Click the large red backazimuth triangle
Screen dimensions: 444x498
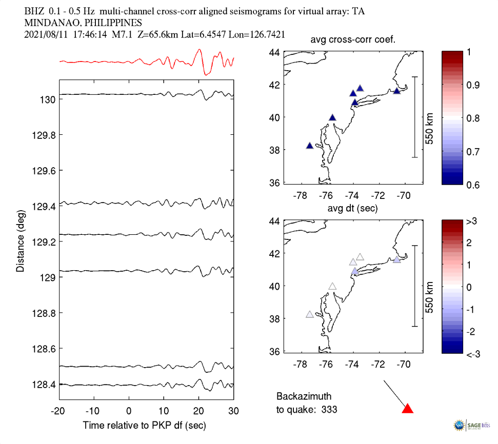(x=407, y=409)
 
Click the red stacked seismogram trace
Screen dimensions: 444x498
(x=146, y=62)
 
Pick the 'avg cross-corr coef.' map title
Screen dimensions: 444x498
(x=353, y=41)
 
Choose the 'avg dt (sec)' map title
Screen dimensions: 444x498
(x=353, y=209)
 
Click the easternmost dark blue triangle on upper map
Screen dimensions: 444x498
(x=396, y=91)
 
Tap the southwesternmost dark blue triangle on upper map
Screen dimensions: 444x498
(x=310, y=146)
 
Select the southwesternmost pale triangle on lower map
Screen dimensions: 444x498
(x=310, y=314)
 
